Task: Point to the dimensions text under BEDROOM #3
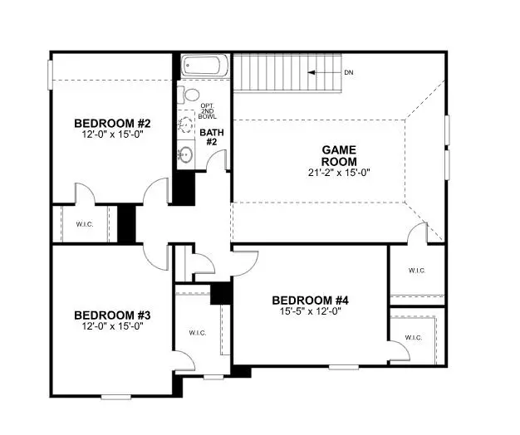click(110, 326)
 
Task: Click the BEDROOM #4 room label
click(309, 301)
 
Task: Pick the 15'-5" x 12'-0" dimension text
click(309, 312)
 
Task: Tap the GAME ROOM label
click(340, 155)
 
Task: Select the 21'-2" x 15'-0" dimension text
click(340, 173)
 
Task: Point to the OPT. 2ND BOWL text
click(208, 111)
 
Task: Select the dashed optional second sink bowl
click(184, 125)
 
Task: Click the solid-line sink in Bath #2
click(184, 153)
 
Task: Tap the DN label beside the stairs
click(349, 73)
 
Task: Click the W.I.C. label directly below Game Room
click(417, 271)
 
